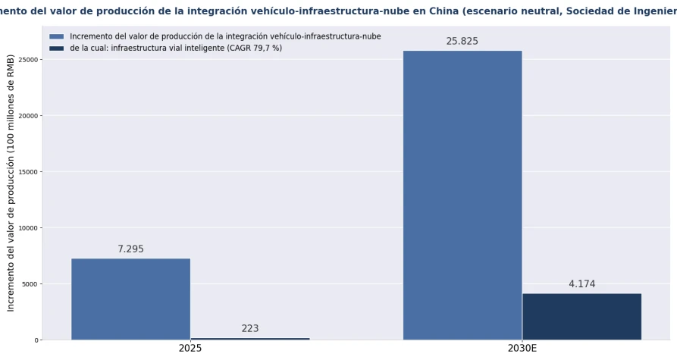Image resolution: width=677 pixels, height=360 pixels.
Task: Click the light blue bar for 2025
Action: (x=131, y=299)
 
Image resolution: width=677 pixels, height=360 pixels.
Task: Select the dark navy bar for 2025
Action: (x=250, y=339)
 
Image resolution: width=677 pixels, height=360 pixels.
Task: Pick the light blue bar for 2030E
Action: (x=462, y=195)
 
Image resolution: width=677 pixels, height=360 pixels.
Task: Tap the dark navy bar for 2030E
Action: (x=581, y=317)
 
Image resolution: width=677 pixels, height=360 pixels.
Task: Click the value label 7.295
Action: (x=131, y=249)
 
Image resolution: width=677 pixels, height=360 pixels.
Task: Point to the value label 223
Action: (x=250, y=328)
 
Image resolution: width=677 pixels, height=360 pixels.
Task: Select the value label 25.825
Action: (x=462, y=41)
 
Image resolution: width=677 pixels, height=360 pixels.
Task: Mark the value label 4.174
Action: (x=581, y=284)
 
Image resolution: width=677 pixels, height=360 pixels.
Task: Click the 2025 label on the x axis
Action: (x=190, y=348)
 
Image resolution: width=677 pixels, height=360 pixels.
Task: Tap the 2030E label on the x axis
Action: (x=522, y=348)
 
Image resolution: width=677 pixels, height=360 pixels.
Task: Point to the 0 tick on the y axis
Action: (x=36, y=340)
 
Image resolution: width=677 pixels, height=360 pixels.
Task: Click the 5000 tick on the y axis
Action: (x=30, y=284)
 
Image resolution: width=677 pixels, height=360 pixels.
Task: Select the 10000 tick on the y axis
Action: (x=29, y=228)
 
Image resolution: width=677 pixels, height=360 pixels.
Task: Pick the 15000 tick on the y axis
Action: (x=29, y=172)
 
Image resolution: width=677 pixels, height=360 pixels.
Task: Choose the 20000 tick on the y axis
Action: (x=29, y=116)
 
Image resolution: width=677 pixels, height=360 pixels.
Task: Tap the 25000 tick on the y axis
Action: (x=29, y=60)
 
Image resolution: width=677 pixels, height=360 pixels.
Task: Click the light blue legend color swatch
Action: (x=57, y=36)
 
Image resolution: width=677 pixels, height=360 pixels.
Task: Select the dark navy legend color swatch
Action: (x=57, y=49)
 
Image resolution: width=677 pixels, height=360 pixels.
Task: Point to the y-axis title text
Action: (x=11, y=183)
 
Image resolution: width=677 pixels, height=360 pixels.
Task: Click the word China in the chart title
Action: (x=443, y=11)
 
